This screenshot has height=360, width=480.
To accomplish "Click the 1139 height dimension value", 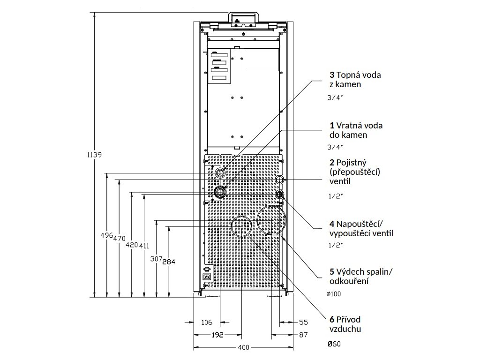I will tap(94, 155).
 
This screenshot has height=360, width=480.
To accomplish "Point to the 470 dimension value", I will tap(120, 238).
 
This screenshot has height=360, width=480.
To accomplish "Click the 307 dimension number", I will tap(156, 258).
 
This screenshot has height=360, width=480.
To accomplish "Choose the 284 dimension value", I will tap(168, 262).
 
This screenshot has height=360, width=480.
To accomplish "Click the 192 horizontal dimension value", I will tap(216, 335).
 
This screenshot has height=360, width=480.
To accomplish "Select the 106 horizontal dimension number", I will tap(206, 322).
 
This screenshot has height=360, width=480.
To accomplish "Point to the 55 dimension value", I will tap(303, 322).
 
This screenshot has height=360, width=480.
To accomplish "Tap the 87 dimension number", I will tap(303, 335).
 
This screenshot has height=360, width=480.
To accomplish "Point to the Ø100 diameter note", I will tap(334, 294).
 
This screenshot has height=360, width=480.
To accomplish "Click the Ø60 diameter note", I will tap(334, 345).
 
